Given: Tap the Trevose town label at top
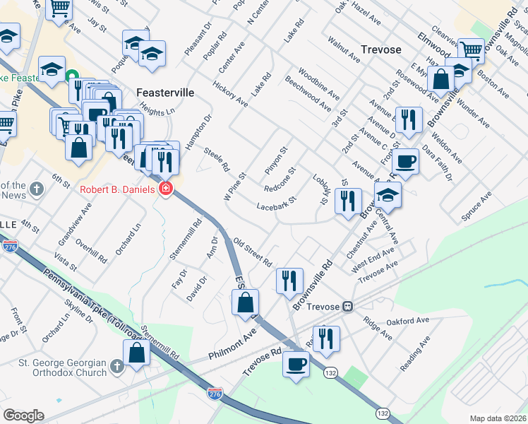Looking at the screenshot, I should click(380, 49).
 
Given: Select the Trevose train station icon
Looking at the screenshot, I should click(347, 307).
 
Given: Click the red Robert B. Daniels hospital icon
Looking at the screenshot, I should click(166, 188).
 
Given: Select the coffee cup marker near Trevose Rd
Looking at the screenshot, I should click(296, 365).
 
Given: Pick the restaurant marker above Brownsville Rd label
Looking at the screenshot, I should click(289, 281).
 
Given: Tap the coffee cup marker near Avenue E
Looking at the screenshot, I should click(405, 161).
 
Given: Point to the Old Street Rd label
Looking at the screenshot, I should click(253, 251).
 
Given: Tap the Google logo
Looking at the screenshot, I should click(23, 416).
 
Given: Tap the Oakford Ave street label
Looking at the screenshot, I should click(408, 322).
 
